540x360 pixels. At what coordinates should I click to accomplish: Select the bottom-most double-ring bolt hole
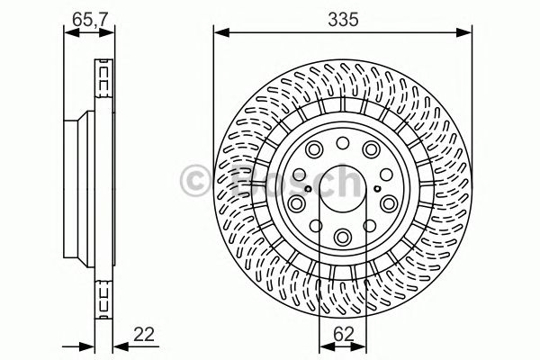coord(344,238)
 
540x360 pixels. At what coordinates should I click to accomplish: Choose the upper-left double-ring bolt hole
coord(314,149)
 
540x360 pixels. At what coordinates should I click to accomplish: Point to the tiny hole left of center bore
coord(306,188)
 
